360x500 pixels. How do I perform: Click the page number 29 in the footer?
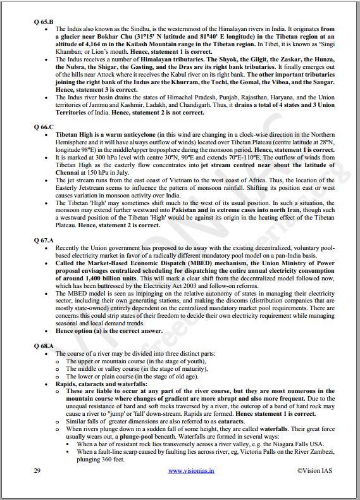tap(37, 471)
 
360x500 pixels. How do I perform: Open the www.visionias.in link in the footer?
tap(190, 471)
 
